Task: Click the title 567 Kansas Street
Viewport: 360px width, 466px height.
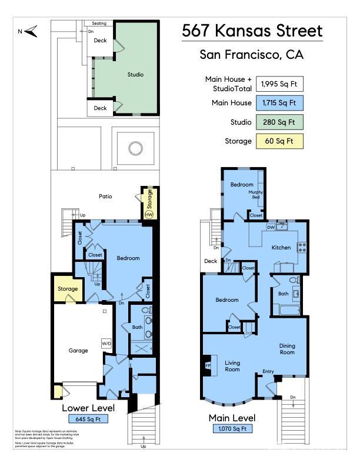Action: (252, 31)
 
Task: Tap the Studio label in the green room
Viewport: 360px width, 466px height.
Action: (135, 75)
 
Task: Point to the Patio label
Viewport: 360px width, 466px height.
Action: (105, 197)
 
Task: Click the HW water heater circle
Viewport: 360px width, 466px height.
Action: (149, 215)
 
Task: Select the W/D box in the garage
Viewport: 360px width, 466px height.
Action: (106, 342)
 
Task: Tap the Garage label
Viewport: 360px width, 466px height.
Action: (78, 351)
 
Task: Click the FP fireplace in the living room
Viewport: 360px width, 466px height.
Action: (206, 365)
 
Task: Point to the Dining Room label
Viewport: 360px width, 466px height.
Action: (287, 349)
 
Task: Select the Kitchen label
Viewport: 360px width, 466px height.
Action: (281, 248)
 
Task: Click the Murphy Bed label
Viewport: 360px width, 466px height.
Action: (256, 195)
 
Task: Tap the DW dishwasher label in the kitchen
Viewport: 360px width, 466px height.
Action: (271, 227)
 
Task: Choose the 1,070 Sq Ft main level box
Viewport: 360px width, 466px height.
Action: (233, 428)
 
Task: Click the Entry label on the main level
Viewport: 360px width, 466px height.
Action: (268, 371)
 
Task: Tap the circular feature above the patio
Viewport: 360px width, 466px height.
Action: (136, 148)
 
